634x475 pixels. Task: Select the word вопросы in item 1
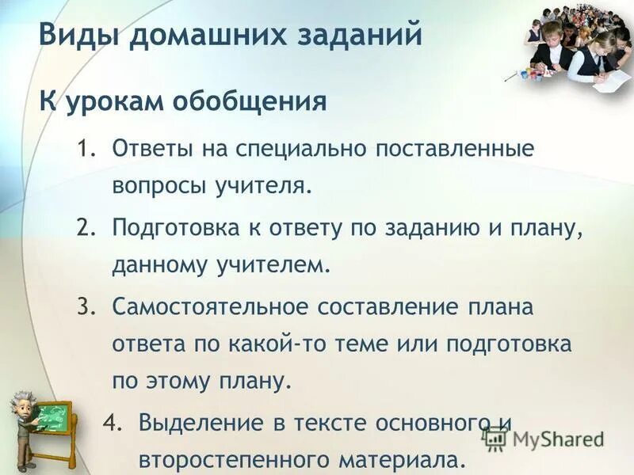[158, 186]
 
